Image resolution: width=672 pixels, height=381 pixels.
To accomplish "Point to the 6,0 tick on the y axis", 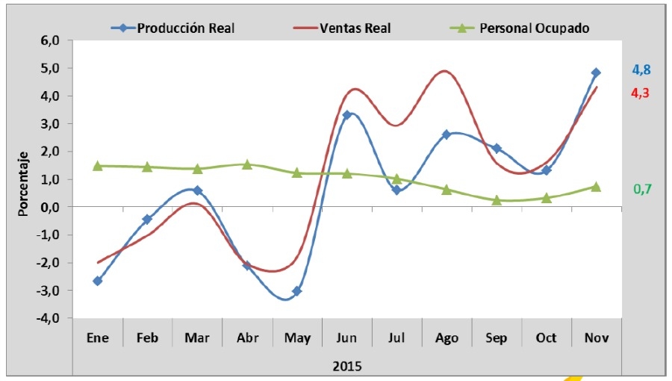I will coord(51,41).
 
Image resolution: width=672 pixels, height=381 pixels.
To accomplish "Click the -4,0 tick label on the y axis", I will coord(49,318).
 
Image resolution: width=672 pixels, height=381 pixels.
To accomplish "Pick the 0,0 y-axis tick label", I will coord(51,207).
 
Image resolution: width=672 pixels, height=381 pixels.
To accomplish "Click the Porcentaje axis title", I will coord(23,180).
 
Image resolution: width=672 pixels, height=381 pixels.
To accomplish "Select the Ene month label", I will coord(98,338).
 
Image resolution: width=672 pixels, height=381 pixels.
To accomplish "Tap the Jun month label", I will coord(347,338).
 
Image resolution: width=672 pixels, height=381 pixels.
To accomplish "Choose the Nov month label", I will coord(597,338).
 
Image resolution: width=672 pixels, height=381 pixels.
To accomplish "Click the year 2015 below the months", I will coord(347,365).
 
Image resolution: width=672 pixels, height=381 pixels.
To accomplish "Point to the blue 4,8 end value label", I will coord(641,70).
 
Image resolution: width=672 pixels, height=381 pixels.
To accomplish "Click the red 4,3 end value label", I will coord(641,93).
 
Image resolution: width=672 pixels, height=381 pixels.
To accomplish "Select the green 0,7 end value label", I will coord(642,189).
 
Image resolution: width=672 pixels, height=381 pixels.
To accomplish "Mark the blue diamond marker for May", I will coord(296,291).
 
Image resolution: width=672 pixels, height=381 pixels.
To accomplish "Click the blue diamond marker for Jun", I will coord(347,115).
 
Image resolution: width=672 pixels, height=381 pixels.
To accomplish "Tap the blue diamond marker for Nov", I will coord(596,72).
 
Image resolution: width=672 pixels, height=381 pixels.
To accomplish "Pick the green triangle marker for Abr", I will coord(247,164).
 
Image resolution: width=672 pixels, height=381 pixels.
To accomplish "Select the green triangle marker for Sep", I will coord(497,200).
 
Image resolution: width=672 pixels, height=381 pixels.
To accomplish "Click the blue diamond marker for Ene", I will coord(98,281).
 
